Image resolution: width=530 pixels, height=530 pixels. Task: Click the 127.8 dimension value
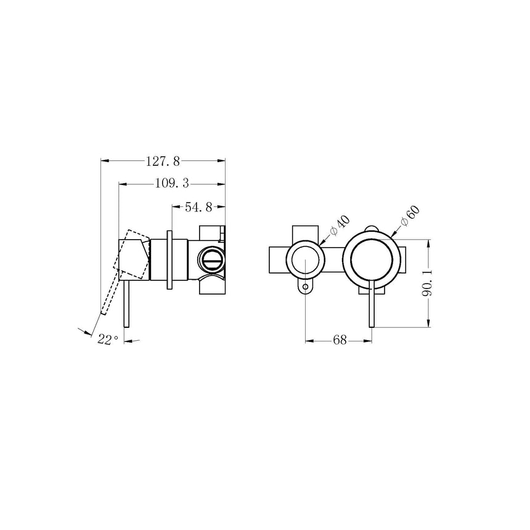(x=163, y=161)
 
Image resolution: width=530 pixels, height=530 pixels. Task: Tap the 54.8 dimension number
(x=198, y=208)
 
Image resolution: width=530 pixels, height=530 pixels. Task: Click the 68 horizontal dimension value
(x=340, y=340)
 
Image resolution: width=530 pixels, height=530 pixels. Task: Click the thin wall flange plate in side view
(x=169, y=259)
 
